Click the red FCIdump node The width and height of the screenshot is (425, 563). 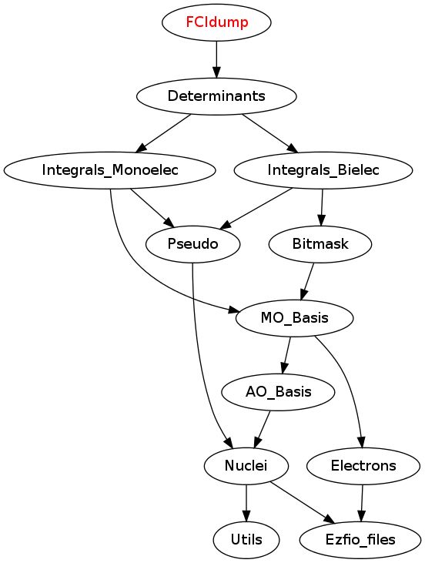pyautogui.click(x=216, y=22)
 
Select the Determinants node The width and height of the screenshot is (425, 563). pyautogui.click(x=216, y=96)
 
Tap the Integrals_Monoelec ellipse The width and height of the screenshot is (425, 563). pyautogui.click(x=110, y=170)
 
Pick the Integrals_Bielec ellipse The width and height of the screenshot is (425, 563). pyautogui.click(x=323, y=170)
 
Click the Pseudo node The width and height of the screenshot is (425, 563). pyautogui.click(x=192, y=244)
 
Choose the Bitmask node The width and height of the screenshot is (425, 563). pyautogui.click(x=320, y=244)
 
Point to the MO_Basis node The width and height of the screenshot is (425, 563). pyautogui.click(x=294, y=318)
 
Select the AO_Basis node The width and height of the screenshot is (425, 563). pyautogui.click(x=278, y=392)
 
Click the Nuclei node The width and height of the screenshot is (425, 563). pyautogui.click(x=246, y=466)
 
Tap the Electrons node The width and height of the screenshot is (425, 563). pyautogui.click(x=363, y=466)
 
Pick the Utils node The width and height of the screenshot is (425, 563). pyautogui.click(x=246, y=540)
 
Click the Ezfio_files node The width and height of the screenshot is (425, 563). pyautogui.click(x=360, y=540)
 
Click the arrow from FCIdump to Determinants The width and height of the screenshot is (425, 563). pyautogui.click(x=216, y=59)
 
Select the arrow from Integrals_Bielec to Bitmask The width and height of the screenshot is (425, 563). pyautogui.click(x=322, y=207)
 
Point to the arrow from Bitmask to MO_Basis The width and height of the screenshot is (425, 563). pyautogui.click(x=308, y=281)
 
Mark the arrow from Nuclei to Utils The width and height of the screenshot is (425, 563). pyautogui.click(x=246, y=503)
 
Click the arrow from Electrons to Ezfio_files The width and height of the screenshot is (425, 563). pyautogui.click(x=362, y=503)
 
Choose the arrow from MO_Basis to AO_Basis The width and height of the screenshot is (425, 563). pyautogui.click(x=286, y=355)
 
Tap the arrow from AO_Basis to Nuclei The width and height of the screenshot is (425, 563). pyautogui.click(x=262, y=429)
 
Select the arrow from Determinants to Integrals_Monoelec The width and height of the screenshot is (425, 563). pyautogui.click(x=164, y=132)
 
